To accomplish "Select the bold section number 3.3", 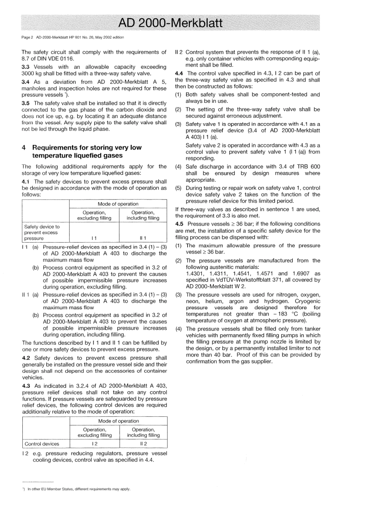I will click(25, 67).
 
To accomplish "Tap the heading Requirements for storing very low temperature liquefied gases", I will click(82, 151).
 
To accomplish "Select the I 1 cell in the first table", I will click(94, 238).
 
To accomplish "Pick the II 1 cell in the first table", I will click(143, 238).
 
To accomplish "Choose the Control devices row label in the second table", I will click(42, 444).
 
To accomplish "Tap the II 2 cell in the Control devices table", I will click(143, 444).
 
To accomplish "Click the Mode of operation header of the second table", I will click(118, 421).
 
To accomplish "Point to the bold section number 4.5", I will click(179, 224).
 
